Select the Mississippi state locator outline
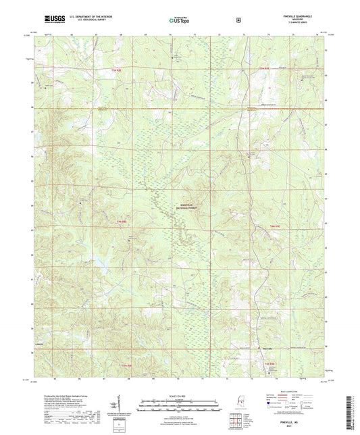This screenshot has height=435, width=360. (237, 403)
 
